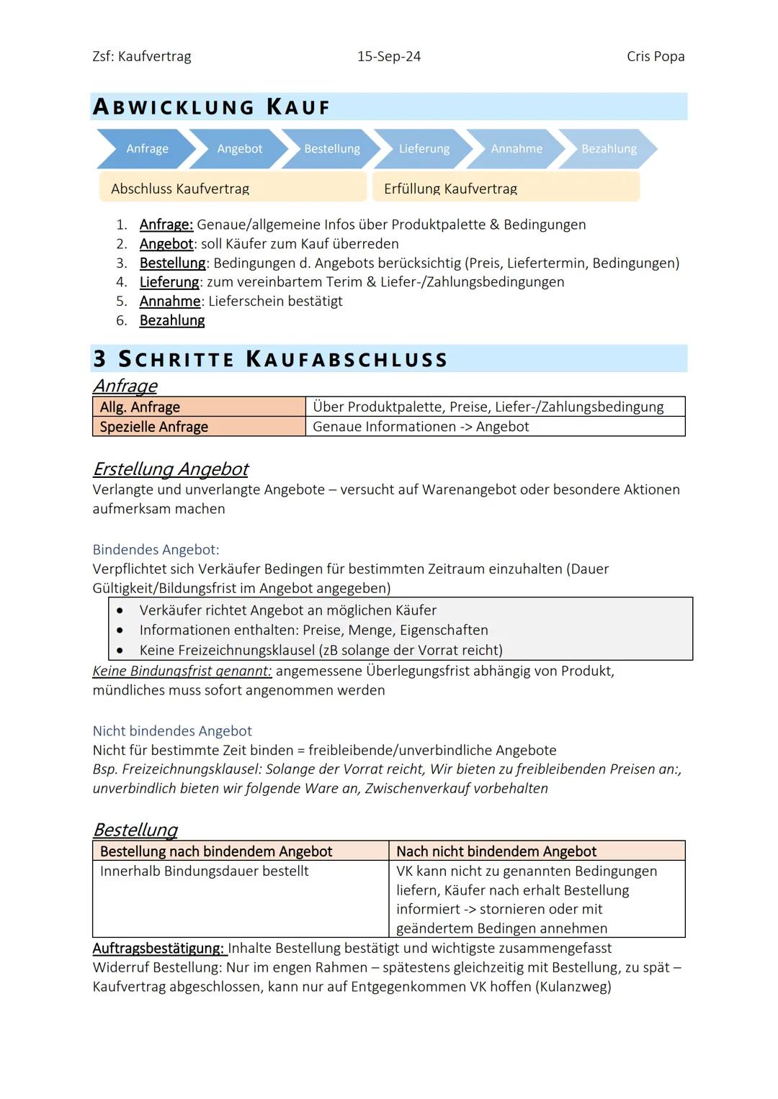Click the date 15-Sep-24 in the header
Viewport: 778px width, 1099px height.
click(x=388, y=56)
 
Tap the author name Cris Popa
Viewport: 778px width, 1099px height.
click(x=655, y=56)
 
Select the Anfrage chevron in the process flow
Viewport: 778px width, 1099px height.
click(x=147, y=149)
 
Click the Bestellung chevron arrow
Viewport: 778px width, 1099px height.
click(x=331, y=149)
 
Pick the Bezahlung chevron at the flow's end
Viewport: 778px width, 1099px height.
click(x=609, y=149)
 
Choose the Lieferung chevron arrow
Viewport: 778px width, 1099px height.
click(x=424, y=149)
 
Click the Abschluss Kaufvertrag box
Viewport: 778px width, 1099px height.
click(x=233, y=188)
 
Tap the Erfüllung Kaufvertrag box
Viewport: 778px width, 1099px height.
click(x=506, y=188)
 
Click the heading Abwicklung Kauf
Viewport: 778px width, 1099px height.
click(x=212, y=107)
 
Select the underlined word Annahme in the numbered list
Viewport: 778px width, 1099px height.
click(x=170, y=301)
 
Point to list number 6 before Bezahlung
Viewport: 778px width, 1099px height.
click(x=121, y=320)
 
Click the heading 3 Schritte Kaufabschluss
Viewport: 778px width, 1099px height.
click(x=271, y=358)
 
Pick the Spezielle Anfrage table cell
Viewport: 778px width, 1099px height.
click(x=199, y=427)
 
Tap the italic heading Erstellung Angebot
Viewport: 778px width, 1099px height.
click(x=171, y=469)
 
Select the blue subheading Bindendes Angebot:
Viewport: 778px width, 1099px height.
click(x=156, y=550)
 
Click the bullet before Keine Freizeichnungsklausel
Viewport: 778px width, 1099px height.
click(x=120, y=650)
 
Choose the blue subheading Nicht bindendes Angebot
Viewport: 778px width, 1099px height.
click(x=172, y=731)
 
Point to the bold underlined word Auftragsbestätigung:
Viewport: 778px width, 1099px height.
click(x=158, y=948)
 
